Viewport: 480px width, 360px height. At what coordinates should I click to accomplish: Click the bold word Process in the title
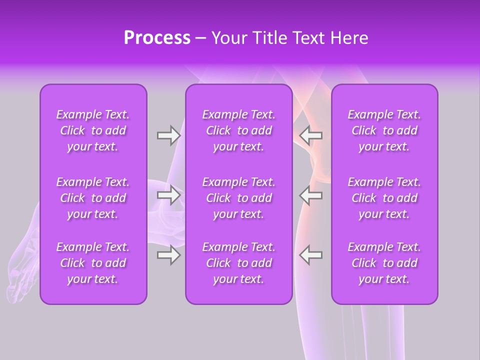(x=157, y=38)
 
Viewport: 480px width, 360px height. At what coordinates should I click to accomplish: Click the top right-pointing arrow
(x=168, y=135)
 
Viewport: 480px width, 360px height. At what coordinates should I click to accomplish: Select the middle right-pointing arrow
(x=168, y=195)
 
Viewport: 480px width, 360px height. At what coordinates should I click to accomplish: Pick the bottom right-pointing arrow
(x=168, y=255)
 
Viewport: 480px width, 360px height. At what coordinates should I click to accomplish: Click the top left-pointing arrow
(x=311, y=135)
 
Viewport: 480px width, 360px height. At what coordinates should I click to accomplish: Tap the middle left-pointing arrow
(x=311, y=195)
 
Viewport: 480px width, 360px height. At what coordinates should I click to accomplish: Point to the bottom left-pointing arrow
(x=311, y=255)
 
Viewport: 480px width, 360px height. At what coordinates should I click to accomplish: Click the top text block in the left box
(x=93, y=130)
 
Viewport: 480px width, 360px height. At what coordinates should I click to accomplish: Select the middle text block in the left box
(x=93, y=198)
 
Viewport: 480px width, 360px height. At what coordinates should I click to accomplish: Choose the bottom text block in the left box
(x=93, y=263)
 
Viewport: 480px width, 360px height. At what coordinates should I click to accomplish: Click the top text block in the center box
(x=238, y=130)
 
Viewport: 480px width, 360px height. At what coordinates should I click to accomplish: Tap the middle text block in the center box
(x=238, y=198)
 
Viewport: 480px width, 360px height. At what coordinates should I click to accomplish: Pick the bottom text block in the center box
(x=238, y=263)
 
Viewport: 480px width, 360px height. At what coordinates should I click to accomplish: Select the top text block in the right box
(x=384, y=130)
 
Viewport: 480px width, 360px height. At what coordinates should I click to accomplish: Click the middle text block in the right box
(x=384, y=198)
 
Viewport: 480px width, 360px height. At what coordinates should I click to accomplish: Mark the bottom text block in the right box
(x=384, y=263)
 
